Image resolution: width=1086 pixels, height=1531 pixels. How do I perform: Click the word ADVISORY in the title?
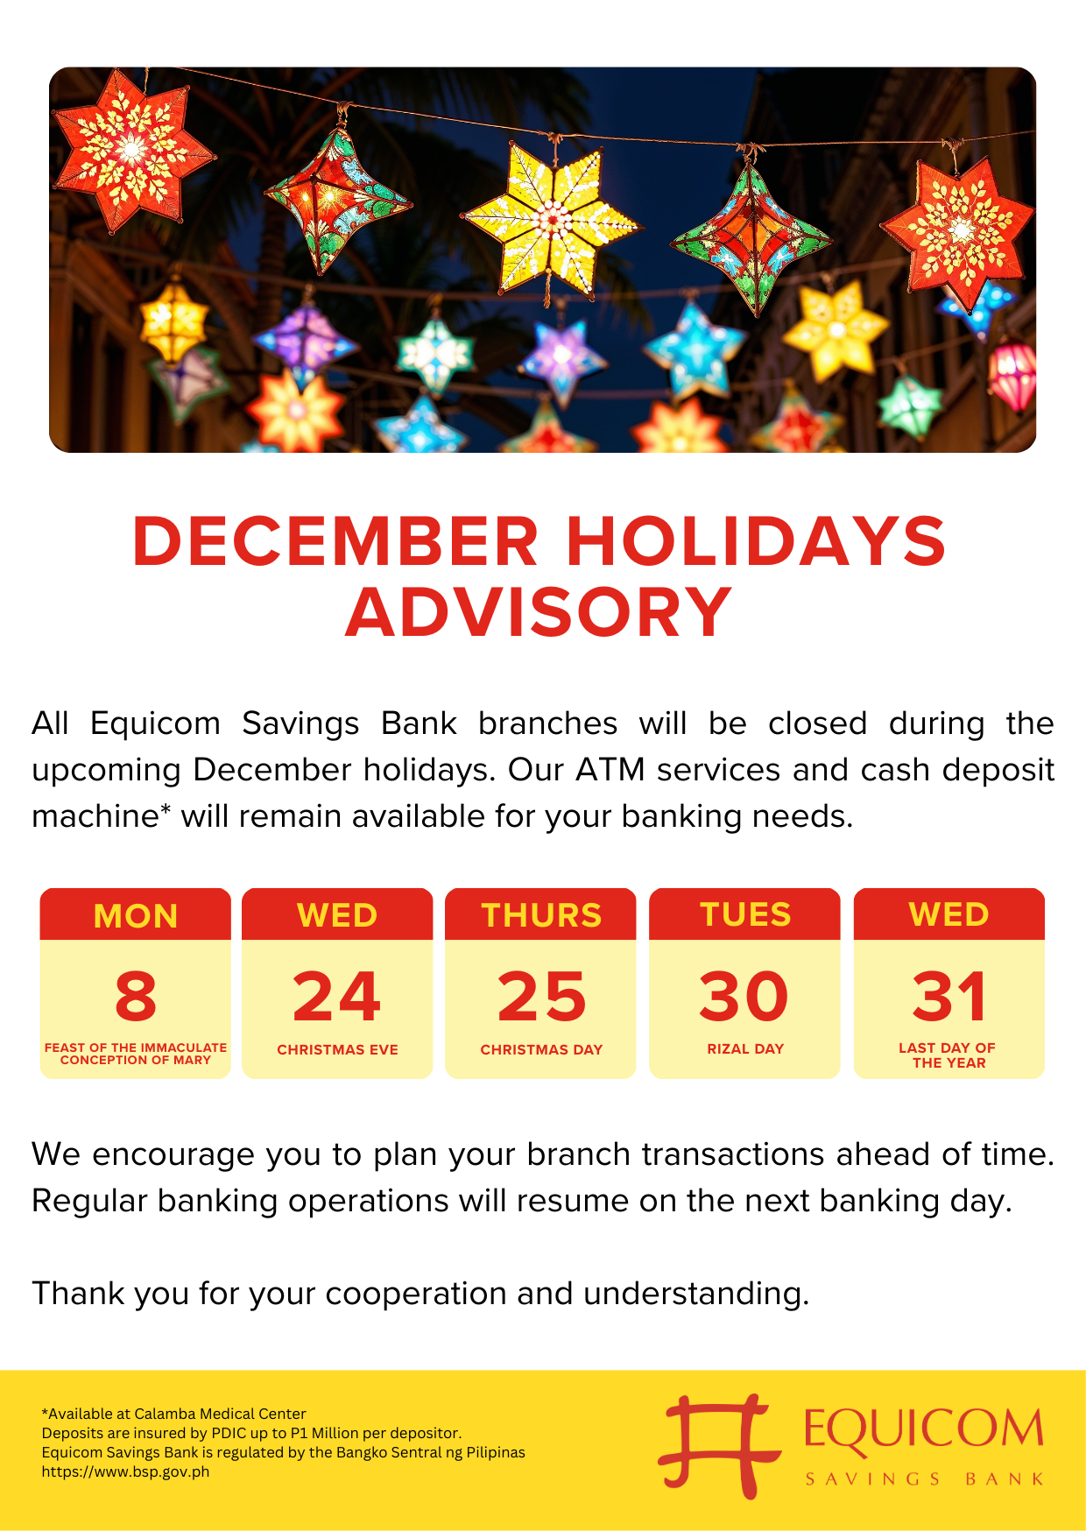point(539,611)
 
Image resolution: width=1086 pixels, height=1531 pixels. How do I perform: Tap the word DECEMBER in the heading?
point(335,540)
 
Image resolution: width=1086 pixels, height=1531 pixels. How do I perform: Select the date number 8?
point(136,997)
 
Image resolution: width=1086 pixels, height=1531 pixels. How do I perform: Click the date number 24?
point(337,997)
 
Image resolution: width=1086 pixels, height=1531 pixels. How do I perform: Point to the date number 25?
point(541,997)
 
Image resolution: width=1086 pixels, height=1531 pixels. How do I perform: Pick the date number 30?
point(744,997)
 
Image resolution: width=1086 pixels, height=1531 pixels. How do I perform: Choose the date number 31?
point(949,997)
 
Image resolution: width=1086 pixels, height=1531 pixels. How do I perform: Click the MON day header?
point(136,916)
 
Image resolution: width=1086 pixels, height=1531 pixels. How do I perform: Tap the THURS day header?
point(541,915)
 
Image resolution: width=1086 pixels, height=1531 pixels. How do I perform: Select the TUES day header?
point(745,914)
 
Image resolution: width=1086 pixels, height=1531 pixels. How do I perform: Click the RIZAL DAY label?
point(745,1048)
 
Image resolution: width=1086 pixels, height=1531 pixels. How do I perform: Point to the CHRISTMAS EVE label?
point(337,1049)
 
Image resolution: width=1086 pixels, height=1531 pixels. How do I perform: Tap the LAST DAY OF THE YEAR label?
point(948,1055)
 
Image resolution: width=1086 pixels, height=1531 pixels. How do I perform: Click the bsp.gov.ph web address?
point(125,1471)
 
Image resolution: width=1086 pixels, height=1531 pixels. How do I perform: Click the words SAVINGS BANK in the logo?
point(925,1478)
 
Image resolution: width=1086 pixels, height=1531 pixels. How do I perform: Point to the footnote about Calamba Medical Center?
point(173,1414)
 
